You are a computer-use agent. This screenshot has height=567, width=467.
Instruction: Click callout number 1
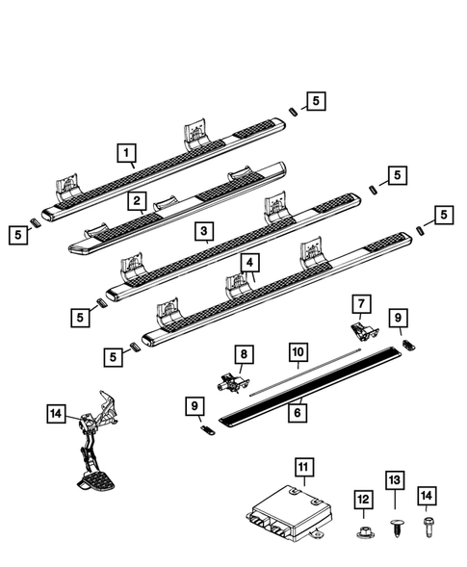(126, 151)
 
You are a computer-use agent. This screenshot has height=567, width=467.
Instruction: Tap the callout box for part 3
(202, 231)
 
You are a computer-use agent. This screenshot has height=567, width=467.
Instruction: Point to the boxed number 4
(248, 262)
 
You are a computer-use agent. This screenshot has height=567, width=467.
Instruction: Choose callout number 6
(298, 411)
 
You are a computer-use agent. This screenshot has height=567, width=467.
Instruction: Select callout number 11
(304, 469)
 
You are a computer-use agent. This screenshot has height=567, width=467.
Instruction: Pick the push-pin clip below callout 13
(394, 527)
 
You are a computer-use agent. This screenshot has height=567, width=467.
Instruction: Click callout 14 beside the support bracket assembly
(56, 413)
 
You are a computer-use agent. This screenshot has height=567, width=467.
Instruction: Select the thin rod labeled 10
(298, 372)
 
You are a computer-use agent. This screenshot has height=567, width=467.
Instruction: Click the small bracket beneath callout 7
(360, 330)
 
